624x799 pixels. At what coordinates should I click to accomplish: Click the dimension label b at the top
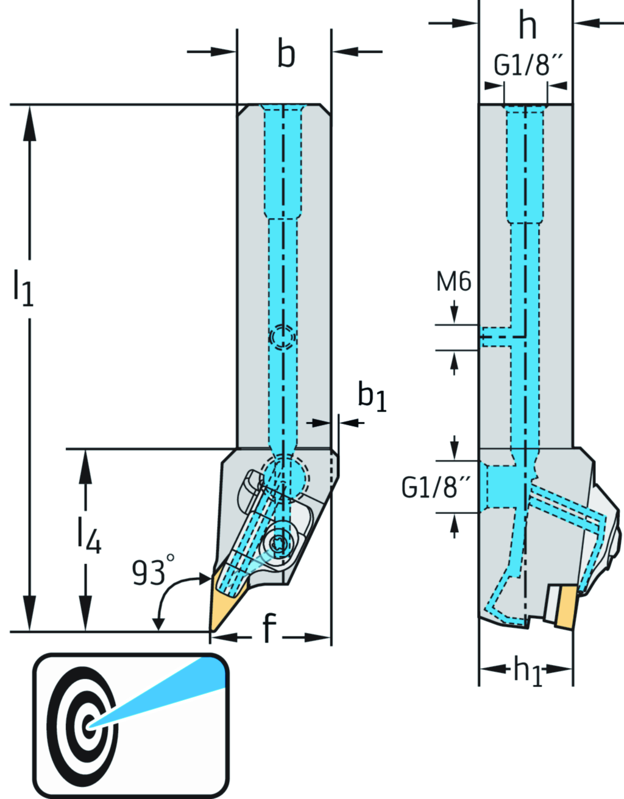[x=286, y=54]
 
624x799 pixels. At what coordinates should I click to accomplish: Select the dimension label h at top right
[x=527, y=26]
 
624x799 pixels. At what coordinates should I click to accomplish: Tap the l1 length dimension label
[x=23, y=287]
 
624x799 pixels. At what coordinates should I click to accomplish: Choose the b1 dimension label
[x=372, y=396]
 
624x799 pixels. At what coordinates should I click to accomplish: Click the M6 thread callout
[x=454, y=283]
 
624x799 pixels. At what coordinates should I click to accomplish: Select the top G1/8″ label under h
[x=527, y=65]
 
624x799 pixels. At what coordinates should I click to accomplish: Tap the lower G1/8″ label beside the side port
[x=436, y=488]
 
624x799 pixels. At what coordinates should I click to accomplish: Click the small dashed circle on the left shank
[x=283, y=337]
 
